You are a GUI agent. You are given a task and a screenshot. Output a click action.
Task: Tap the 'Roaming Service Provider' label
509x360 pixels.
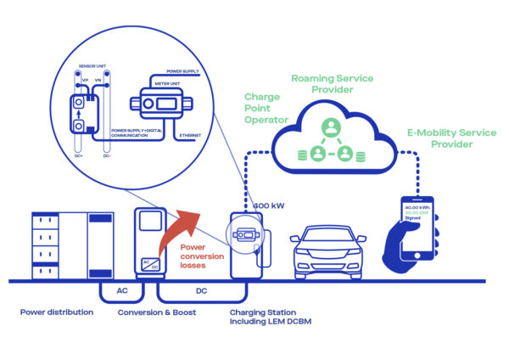(333, 84)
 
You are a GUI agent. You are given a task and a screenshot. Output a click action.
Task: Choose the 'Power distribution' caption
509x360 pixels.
(57, 312)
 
